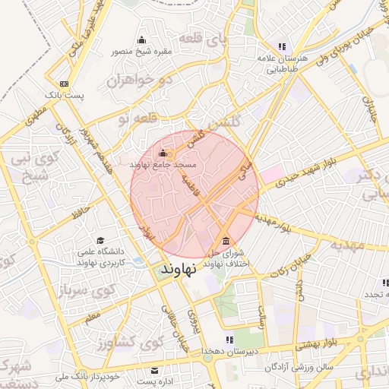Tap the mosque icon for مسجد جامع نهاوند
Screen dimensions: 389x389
click(162, 152)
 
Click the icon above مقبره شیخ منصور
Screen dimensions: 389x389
click(141, 40)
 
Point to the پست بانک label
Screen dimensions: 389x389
click(63, 95)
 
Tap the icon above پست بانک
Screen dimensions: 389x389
click(63, 84)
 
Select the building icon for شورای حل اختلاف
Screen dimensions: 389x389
click(226, 242)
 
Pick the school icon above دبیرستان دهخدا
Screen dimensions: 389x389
click(229, 340)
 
